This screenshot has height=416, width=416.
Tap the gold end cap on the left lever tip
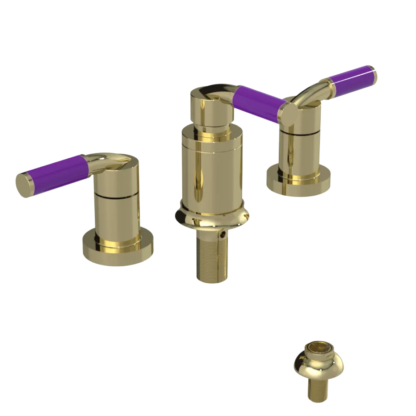pos(24,183)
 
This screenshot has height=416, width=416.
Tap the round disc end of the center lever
pos(288,113)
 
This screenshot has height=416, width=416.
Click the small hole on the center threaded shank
pos(225,235)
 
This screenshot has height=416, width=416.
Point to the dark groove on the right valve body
pos(300,133)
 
